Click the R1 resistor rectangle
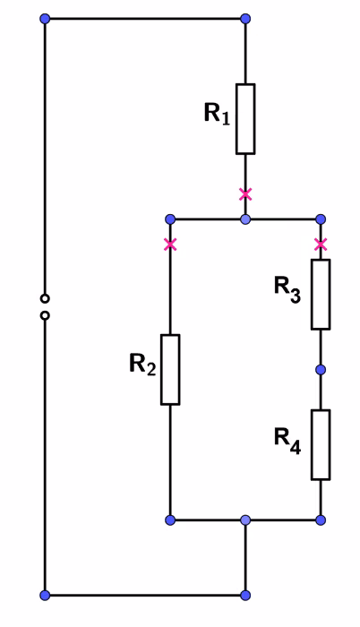(245, 119)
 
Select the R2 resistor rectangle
(170, 369)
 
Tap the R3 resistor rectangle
(321, 295)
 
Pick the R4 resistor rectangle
(321, 444)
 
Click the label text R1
(218, 113)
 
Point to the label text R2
(142, 365)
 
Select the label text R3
(287, 289)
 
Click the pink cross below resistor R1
(245, 194)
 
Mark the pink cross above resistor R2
(170, 245)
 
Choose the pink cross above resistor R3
(321, 245)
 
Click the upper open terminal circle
(45, 298)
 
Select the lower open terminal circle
(45, 315)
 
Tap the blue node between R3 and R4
(321, 369)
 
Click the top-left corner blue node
(45, 19)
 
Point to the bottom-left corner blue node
(45, 595)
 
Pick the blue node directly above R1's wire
(245, 19)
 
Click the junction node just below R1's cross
(245, 219)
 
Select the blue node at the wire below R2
(170, 520)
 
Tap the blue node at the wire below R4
(321, 520)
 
